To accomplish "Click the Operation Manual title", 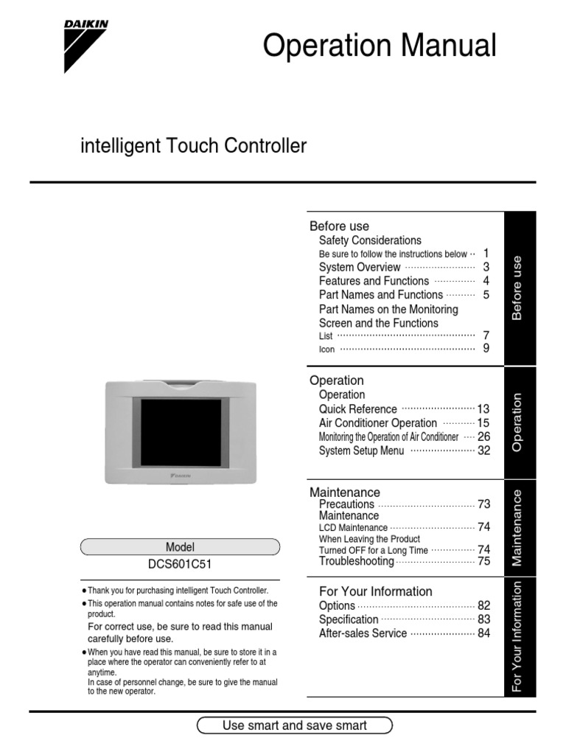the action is tap(380, 46).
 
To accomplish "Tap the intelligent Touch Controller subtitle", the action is tap(193, 146).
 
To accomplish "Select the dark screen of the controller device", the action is tap(181, 432).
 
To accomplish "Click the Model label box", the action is tap(180, 547).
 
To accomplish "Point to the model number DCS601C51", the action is tap(180, 566).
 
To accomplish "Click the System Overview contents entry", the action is tap(360, 267).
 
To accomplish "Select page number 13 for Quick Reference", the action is tap(483, 408).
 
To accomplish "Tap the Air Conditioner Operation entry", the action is tap(378, 422).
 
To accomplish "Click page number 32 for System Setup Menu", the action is tap(483, 450).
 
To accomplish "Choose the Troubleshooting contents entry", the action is tap(357, 561).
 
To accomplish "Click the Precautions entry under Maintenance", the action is tap(346, 504).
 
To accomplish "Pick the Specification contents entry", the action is tap(349, 619).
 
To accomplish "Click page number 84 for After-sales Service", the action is tap(483, 633).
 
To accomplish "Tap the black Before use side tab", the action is tap(520, 288).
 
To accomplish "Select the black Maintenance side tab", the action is tap(520, 526).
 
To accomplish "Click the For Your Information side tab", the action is tap(520, 637).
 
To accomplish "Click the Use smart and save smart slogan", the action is tap(295, 726).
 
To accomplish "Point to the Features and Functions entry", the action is tap(374, 281).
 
